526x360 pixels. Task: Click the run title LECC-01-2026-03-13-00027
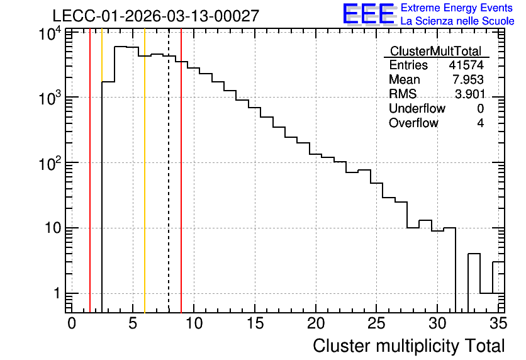[x=156, y=16]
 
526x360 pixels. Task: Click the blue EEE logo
[x=369, y=14]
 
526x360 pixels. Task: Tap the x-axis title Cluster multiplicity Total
[x=408, y=346]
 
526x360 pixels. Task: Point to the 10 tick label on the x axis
[x=194, y=323]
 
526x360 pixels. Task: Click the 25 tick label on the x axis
[x=376, y=323]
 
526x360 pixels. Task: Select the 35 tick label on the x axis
[x=498, y=323]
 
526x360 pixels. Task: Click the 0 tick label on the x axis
[x=72, y=323]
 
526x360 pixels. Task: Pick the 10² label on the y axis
[x=50, y=164]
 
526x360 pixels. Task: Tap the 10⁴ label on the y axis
[x=50, y=34]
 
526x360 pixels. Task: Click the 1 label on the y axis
[x=57, y=293]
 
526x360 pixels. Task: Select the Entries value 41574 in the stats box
[x=466, y=65]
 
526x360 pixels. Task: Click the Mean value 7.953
[x=468, y=79]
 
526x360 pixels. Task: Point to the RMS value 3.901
[x=469, y=94]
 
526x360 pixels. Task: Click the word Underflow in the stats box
[x=417, y=108]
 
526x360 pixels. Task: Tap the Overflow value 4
[x=480, y=123]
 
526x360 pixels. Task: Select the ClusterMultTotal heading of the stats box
[x=436, y=51]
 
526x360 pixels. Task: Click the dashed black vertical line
[x=169, y=171]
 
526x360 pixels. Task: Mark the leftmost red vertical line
[x=90, y=171]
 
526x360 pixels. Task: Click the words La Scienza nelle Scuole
[x=457, y=21]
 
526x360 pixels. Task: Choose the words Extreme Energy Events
[x=457, y=8]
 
